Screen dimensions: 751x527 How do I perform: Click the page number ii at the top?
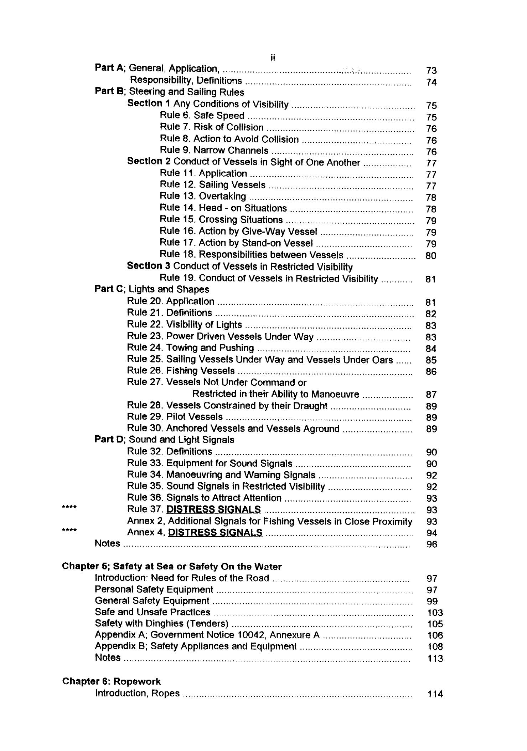(273, 58)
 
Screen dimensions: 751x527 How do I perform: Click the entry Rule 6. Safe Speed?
(202, 116)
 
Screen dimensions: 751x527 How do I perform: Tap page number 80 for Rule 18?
(431, 255)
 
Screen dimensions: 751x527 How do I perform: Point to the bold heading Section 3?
(149, 266)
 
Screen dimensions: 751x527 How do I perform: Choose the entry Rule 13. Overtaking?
(203, 196)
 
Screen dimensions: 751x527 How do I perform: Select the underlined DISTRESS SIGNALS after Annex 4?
(215, 533)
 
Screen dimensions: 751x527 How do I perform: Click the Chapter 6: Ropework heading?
(111, 681)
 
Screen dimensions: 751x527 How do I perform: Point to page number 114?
(435, 694)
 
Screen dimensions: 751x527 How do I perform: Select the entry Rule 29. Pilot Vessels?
(175, 417)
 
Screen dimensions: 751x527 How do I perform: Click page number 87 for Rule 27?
(431, 395)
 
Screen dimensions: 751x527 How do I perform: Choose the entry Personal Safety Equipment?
(154, 589)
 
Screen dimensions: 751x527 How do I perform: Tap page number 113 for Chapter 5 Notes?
(435, 658)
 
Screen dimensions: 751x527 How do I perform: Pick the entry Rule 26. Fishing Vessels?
(181, 371)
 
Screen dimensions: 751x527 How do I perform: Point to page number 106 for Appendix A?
(435, 635)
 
